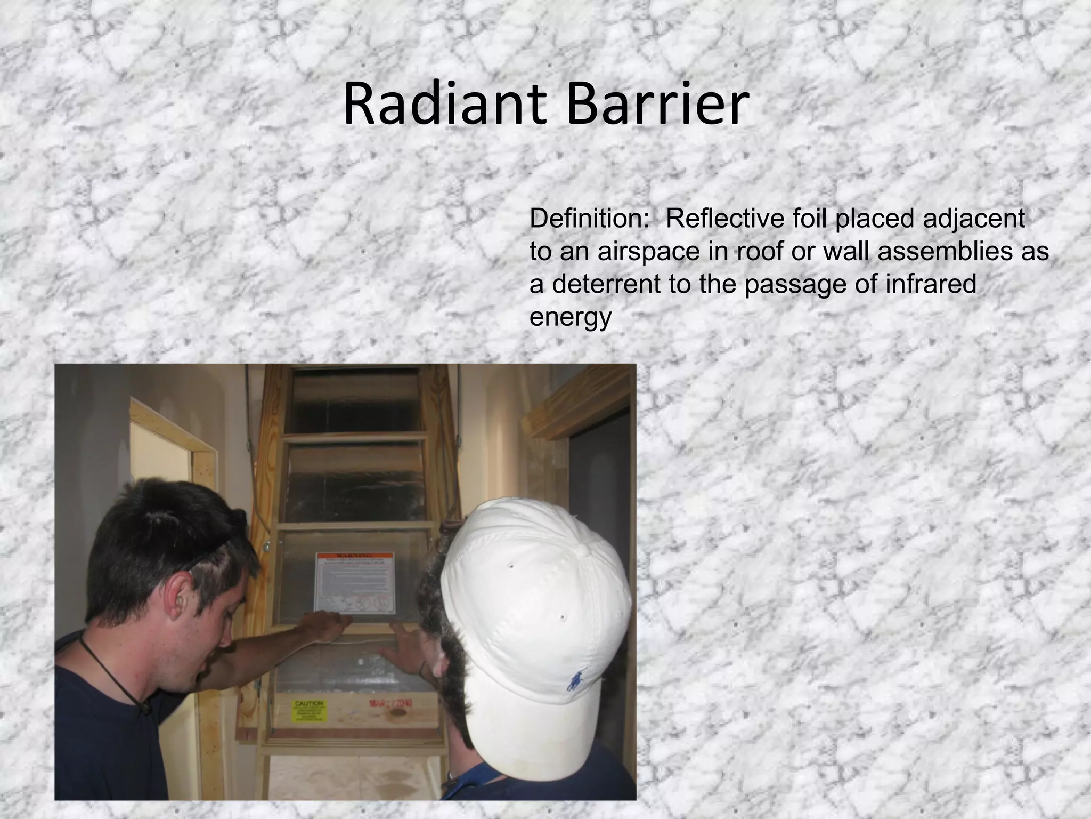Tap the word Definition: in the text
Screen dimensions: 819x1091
click(587, 219)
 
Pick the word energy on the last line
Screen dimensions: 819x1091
click(570, 317)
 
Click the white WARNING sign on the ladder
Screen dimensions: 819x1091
click(356, 582)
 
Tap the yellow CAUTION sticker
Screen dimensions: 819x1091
click(309, 711)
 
